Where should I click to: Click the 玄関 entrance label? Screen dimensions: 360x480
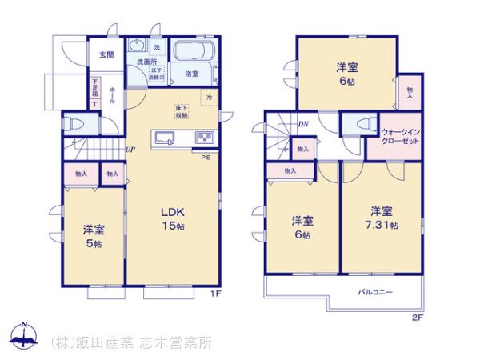point(106,55)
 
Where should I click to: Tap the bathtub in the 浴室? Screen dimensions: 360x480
point(192,53)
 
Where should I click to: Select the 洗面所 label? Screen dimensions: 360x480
point(145,62)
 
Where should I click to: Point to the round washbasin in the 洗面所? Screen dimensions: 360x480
point(138,46)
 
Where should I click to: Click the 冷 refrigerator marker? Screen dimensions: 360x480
point(209,98)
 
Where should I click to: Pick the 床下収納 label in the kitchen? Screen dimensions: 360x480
point(182,111)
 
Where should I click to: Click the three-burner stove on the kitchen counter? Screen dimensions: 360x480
point(204,137)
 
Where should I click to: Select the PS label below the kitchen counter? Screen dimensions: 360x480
point(206,157)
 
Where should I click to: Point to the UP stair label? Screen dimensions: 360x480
point(130,150)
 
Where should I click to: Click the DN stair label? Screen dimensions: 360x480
point(304,124)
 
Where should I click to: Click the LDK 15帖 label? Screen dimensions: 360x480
point(174,218)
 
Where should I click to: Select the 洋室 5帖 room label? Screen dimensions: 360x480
point(93,235)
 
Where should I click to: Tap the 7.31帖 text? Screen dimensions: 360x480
point(380,225)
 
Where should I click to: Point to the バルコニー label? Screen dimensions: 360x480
point(375,292)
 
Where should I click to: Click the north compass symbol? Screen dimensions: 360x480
point(25,336)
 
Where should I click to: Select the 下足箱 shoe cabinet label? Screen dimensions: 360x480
point(95,84)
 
